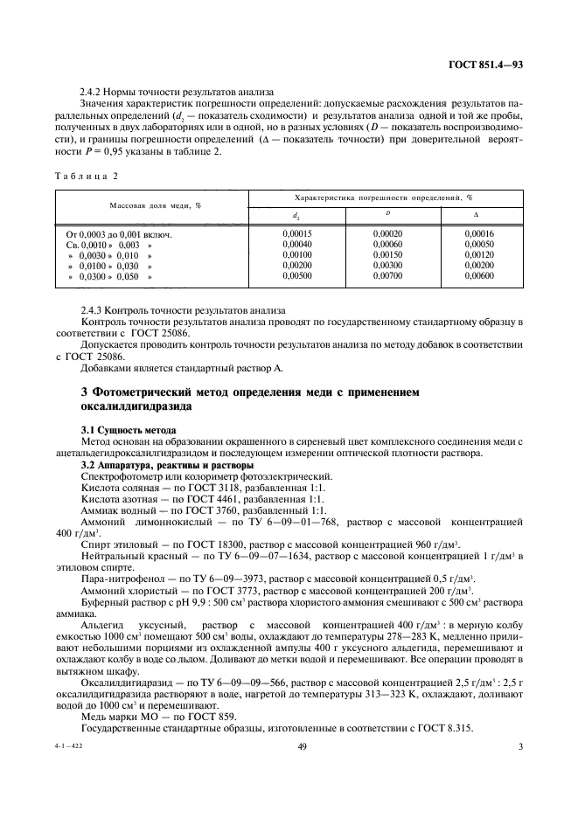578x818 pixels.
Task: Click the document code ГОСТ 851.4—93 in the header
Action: (487, 65)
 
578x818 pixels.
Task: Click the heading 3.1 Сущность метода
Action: (128, 431)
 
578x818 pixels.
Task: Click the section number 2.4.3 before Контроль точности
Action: (94, 310)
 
